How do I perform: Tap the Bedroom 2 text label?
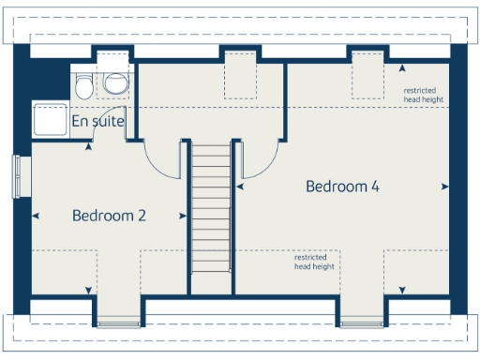click(109, 216)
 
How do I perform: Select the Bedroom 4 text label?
click(342, 187)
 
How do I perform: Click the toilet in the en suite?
click(84, 85)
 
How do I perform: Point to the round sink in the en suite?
click(115, 84)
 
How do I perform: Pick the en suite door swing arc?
click(108, 141)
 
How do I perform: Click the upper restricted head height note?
click(423, 95)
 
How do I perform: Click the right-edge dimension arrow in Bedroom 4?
click(443, 187)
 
